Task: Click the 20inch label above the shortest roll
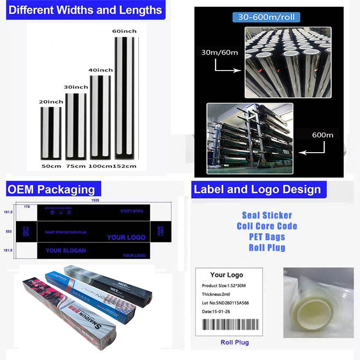tap(51, 102)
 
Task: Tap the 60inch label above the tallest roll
tap(124, 31)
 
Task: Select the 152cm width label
tap(124, 166)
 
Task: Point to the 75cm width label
tap(75, 166)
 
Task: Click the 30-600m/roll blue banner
tap(266, 17)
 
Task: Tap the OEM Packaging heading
tap(50, 189)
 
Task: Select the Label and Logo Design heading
tap(257, 189)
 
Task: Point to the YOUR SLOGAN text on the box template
tap(66, 251)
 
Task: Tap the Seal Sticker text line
tap(267, 216)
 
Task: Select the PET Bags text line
tap(267, 237)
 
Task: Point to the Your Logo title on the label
tap(227, 275)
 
